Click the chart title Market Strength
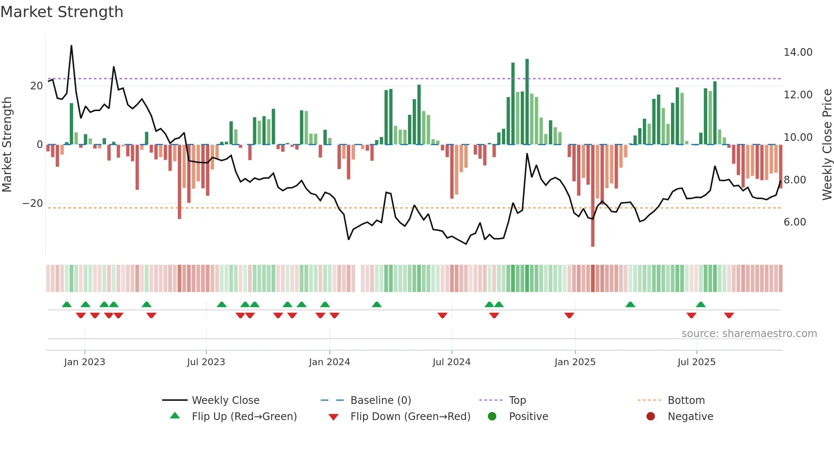point(62,12)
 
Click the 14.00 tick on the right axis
point(798,52)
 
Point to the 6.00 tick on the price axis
point(794,222)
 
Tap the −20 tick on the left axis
point(33,203)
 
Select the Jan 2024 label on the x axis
point(329,362)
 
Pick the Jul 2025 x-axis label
point(696,362)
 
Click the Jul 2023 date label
point(206,362)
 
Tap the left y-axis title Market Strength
point(7,145)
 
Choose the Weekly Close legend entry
point(225,400)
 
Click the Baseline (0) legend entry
point(380,400)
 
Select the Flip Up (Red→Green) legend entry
point(244,417)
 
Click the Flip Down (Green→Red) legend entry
point(410,417)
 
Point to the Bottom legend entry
point(686,400)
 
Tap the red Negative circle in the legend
point(650,417)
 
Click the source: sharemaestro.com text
point(749,334)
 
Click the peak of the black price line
point(71,46)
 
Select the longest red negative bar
point(593,196)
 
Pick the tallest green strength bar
point(527,102)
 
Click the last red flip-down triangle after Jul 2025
point(729,315)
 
